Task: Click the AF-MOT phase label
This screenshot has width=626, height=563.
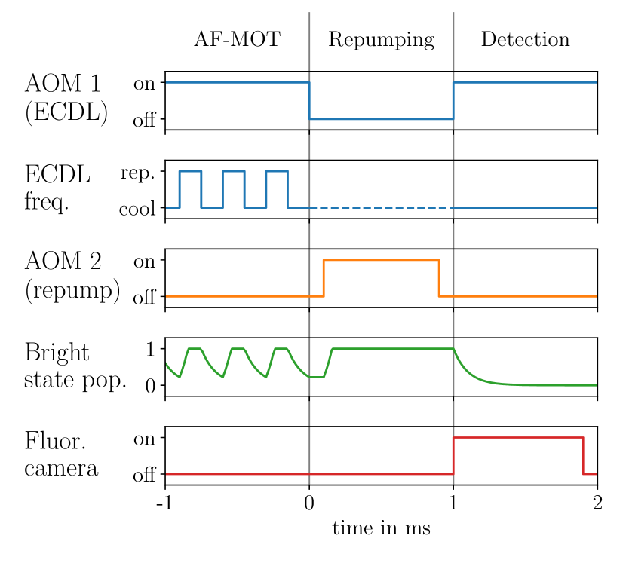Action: tap(237, 39)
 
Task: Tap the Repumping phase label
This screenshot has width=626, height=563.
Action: tap(381, 39)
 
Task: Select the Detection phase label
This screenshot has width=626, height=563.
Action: tap(525, 39)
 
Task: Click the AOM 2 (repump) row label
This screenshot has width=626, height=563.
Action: tap(72, 276)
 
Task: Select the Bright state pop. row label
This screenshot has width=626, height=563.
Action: tap(75, 366)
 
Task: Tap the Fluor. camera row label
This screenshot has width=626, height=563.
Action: tap(61, 454)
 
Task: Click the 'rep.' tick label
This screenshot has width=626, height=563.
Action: tap(137, 173)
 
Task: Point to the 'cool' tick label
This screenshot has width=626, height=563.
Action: tap(137, 209)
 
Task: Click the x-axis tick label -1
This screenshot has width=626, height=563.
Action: tap(164, 503)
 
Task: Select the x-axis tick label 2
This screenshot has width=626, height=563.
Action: tap(597, 503)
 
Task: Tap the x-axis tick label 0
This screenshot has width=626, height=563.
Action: tap(309, 503)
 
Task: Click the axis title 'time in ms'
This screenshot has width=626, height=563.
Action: tap(381, 529)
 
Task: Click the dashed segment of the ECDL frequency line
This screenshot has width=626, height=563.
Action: tap(381, 207)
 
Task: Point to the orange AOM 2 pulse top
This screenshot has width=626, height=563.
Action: tap(381, 260)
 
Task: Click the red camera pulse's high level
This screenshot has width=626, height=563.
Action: tap(517, 437)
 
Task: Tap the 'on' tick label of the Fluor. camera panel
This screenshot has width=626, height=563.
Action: tap(143, 439)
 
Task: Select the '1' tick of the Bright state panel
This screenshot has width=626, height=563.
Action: tap(149, 349)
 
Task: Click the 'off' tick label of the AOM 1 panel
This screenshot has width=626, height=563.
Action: tap(143, 121)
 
